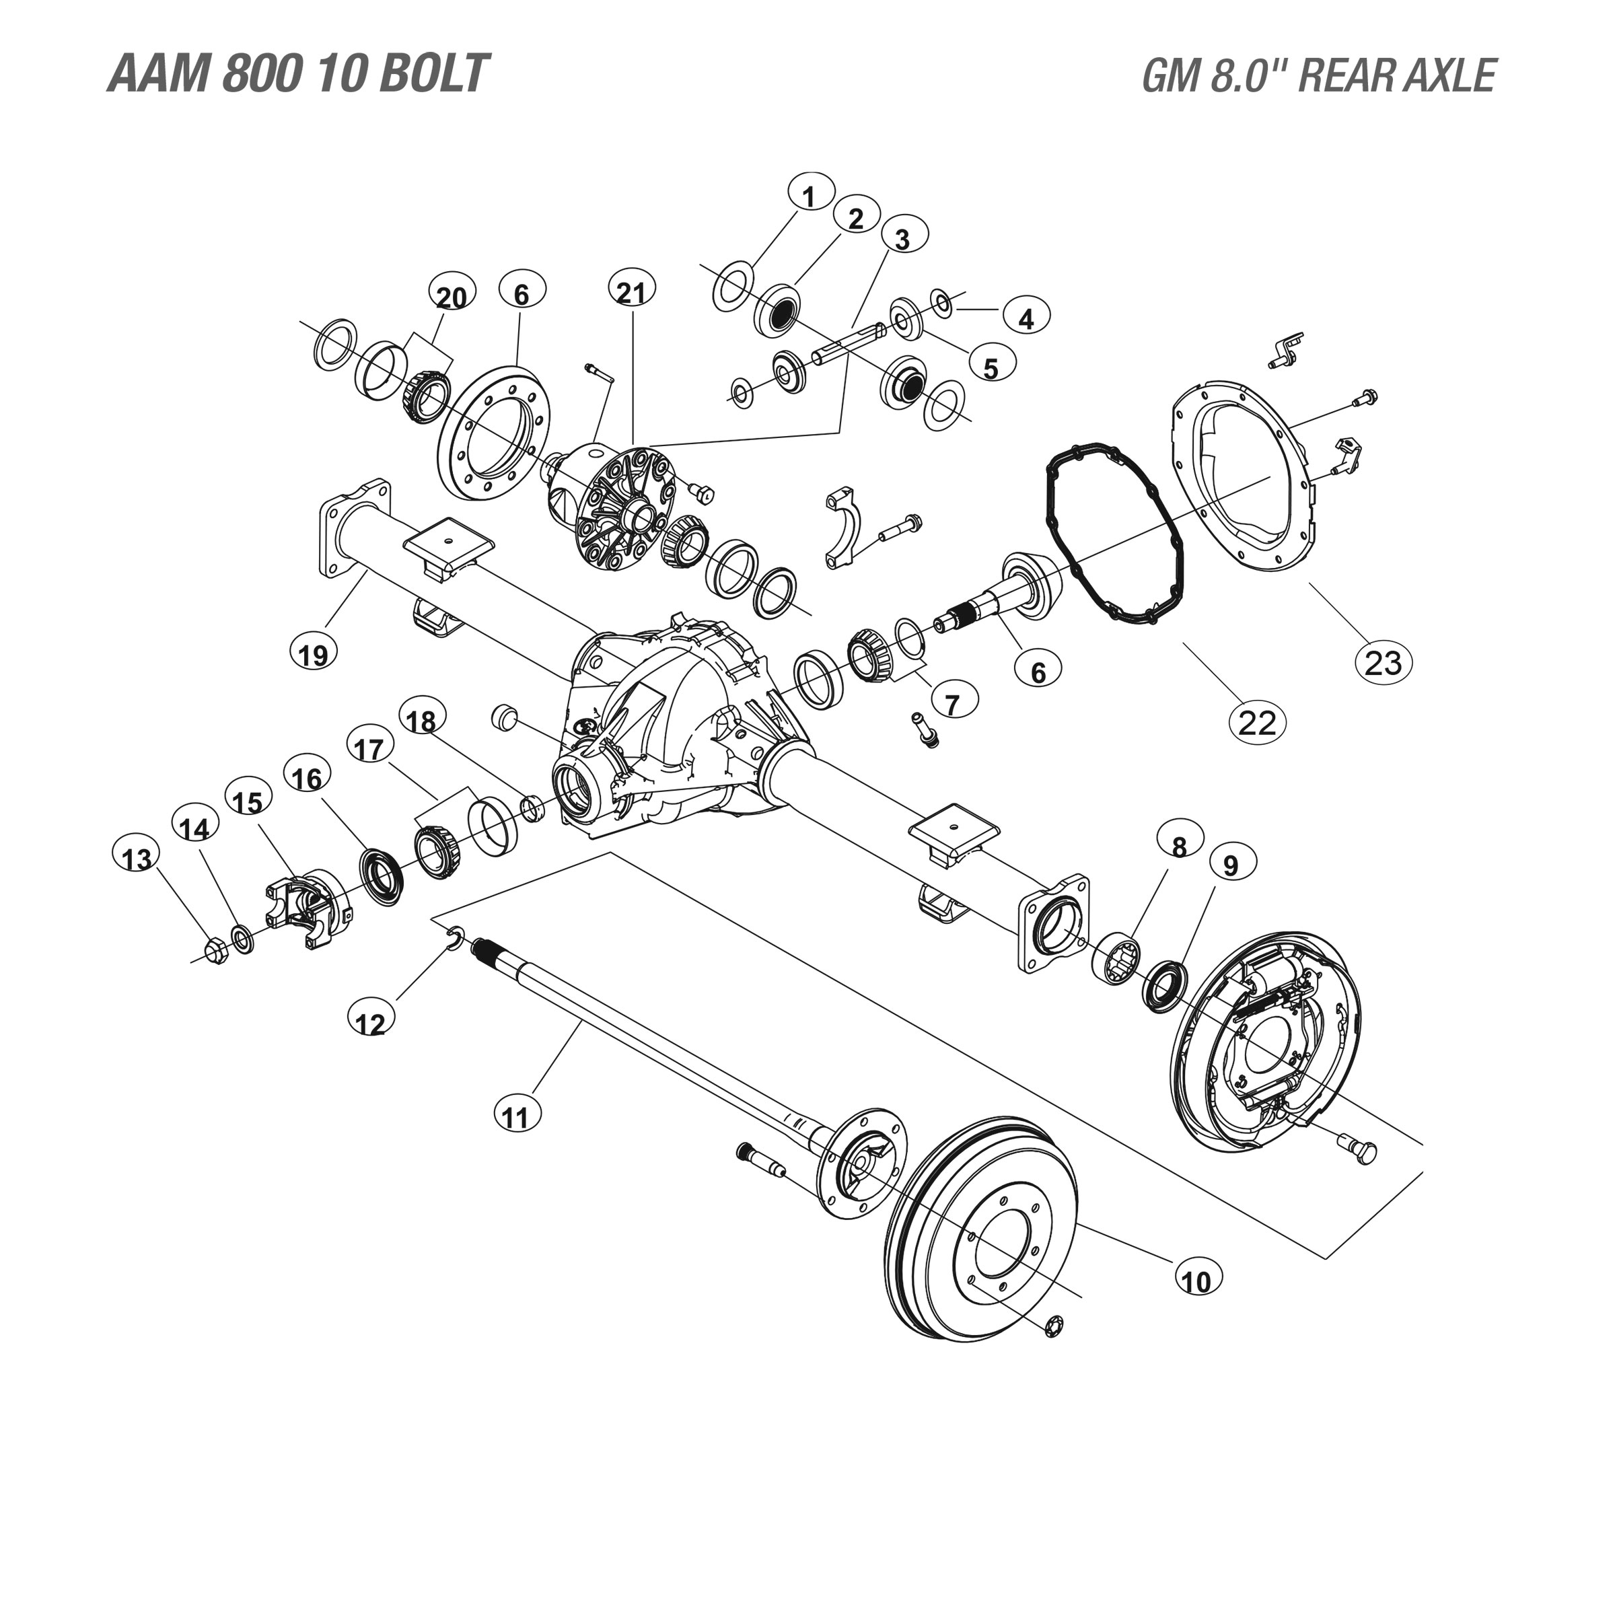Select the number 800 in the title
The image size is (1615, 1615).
(x=261, y=73)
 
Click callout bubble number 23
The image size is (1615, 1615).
(x=1383, y=662)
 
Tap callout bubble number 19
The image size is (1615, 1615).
(x=314, y=653)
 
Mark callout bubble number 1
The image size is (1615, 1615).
(x=808, y=196)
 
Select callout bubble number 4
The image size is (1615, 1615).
(x=1026, y=318)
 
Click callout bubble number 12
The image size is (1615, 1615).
(x=370, y=1022)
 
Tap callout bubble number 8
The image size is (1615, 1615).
(x=1180, y=846)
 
